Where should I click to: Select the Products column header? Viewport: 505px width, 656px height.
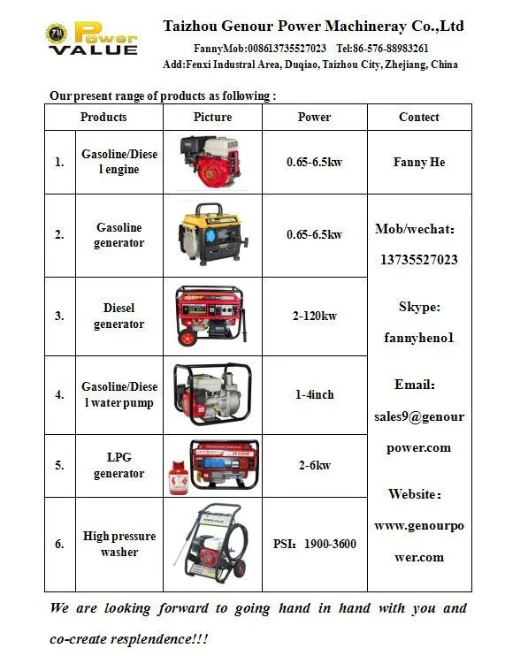[103, 117]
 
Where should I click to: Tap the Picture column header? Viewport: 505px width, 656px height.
[212, 117]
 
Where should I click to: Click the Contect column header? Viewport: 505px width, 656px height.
[418, 117]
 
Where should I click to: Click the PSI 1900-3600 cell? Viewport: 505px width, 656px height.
[314, 544]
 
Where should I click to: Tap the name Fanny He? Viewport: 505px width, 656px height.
[418, 163]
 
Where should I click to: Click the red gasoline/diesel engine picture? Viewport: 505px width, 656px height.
[211, 163]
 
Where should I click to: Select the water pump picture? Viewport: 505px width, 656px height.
[212, 393]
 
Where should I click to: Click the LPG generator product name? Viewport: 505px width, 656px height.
[119, 465]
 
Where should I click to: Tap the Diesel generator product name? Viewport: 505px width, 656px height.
[119, 316]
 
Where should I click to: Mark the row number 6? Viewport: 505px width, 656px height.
[59, 544]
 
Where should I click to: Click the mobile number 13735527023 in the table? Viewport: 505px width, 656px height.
[418, 260]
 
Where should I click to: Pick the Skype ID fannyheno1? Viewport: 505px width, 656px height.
[418, 337]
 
